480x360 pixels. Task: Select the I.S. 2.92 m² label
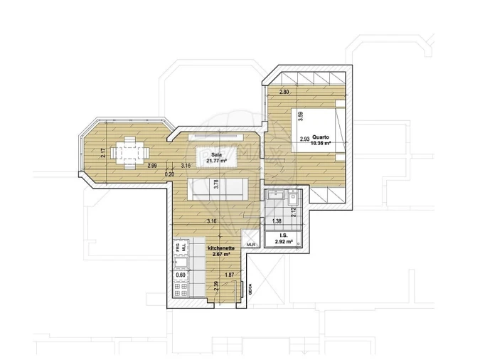tap(283, 240)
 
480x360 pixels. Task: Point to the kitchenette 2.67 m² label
tap(220, 251)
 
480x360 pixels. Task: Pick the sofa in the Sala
tap(218, 189)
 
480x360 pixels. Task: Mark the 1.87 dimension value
tap(229, 275)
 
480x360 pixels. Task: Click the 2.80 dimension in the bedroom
tap(284, 93)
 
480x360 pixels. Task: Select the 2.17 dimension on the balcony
tap(103, 152)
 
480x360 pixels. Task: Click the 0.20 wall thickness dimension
tap(169, 174)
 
